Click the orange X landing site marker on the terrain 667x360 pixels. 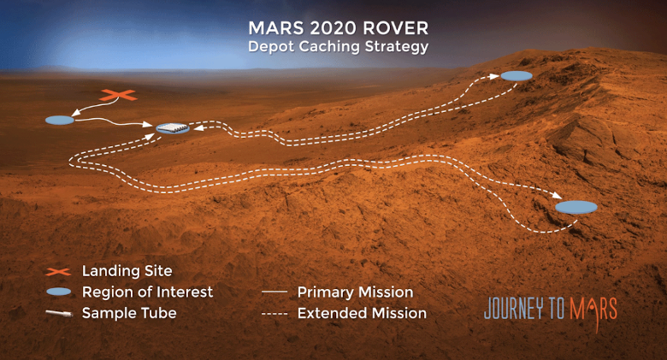click(x=118, y=95)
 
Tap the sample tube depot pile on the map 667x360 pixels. click(x=173, y=127)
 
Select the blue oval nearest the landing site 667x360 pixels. click(x=60, y=120)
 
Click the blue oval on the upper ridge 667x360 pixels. click(x=516, y=76)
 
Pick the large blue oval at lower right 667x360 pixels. click(x=576, y=207)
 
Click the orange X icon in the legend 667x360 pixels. click(x=58, y=271)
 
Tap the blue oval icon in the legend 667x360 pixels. click(x=58, y=292)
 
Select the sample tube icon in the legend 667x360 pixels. click(x=59, y=314)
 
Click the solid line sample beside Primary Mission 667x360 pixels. click(x=274, y=292)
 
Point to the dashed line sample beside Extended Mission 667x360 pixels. click(x=274, y=314)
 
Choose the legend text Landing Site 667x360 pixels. click(x=127, y=270)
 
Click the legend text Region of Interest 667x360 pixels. click(x=147, y=292)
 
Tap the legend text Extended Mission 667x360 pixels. click(x=362, y=313)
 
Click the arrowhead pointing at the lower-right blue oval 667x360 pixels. click(x=558, y=194)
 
